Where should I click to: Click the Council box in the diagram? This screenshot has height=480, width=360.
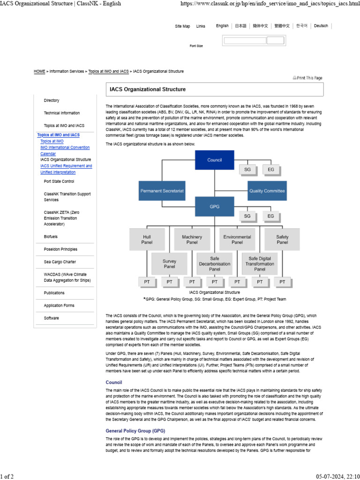pos(215,160)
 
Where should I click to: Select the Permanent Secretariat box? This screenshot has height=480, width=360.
pos(162,191)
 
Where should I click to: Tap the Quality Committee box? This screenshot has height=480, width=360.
pos(267,191)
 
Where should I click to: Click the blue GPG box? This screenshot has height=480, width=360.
pos(215,206)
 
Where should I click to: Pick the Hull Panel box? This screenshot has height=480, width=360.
pos(147,240)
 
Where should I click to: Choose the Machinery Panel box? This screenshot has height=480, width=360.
pos(192,240)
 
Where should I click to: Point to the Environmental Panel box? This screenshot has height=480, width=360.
pos(237,240)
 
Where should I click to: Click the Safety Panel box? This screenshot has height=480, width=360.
pos(282,240)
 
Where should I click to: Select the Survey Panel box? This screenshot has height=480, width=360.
pos(169,263)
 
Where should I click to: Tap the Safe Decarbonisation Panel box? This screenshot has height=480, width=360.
pos(215,263)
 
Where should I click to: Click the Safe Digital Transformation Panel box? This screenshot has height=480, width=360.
pos(260,263)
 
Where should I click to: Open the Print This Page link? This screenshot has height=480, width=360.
pos(308,78)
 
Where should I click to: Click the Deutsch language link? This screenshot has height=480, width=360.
pos(321,26)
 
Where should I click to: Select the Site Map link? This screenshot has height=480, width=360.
pos(182,26)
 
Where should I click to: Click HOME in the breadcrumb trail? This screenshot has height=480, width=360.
pos(39,71)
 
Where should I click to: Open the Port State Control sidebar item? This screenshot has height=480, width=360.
pos(59,181)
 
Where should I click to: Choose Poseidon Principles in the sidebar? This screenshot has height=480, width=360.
pos(60,249)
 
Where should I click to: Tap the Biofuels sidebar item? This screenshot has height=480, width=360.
pos(51,237)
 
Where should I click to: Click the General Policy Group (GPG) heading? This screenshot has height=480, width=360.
pos(135,430)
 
